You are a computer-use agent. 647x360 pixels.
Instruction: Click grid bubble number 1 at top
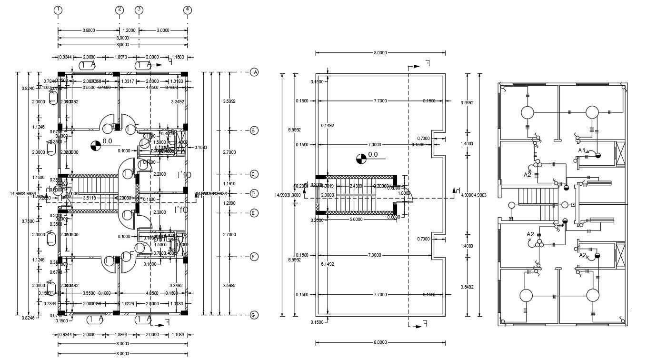pos(58,10)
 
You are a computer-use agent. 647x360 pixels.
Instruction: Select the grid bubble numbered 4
pos(188,10)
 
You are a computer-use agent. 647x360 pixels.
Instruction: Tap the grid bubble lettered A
pos(254,72)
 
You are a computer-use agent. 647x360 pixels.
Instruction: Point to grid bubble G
pos(254,315)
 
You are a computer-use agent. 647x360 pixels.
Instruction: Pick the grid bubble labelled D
pos(254,193)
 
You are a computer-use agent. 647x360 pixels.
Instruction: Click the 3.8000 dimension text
pos(88,30)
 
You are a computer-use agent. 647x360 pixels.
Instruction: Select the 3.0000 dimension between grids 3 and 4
pos(163,30)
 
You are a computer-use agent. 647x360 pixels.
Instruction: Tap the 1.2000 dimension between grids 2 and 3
pos(129,30)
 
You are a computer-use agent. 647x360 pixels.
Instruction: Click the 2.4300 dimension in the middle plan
pos(356,186)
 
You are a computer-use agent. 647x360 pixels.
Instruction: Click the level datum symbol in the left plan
pos(95,143)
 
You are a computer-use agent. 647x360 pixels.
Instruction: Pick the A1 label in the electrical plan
pos(582,150)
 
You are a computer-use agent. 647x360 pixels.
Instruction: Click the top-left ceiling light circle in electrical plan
pos(527,113)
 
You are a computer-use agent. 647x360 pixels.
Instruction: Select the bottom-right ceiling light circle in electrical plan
pos(593,295)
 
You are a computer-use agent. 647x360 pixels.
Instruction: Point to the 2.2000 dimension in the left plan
pos(159,174)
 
